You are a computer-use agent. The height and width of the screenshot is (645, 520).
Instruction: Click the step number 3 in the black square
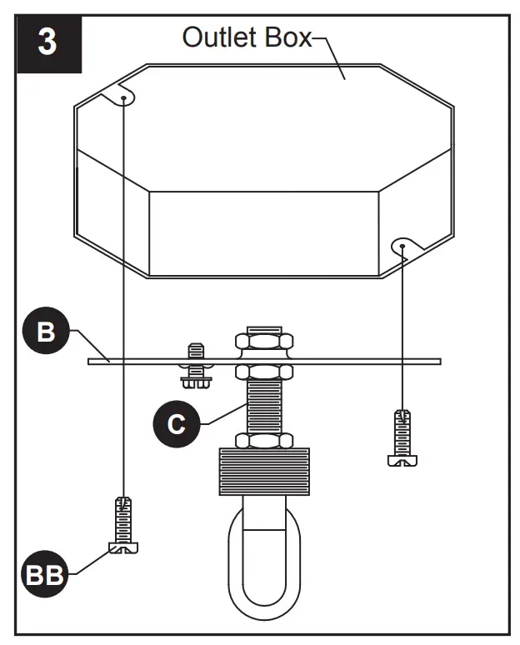47,42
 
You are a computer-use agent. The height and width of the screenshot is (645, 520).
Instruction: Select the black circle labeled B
46,332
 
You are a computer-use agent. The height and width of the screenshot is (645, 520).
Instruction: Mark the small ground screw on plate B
196,366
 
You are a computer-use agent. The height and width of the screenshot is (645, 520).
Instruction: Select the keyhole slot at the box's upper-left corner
122,96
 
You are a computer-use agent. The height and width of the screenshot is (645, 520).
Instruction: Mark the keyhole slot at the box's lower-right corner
402,246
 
